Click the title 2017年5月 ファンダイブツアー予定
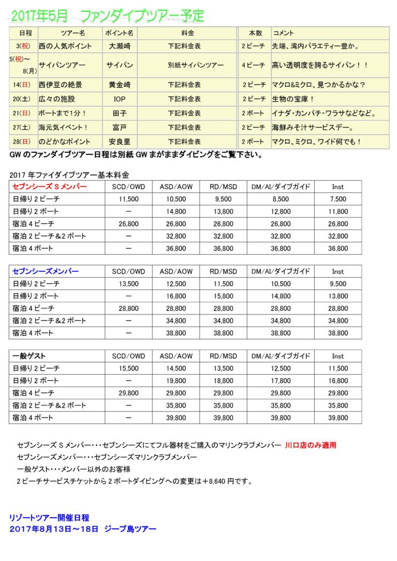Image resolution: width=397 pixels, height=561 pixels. point(107,15)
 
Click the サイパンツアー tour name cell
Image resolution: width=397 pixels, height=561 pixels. point(62,65)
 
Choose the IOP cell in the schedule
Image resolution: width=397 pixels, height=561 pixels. point(120,99)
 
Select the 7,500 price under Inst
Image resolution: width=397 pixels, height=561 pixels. point(338,199)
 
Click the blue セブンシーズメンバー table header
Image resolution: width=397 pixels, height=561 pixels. point(45,271)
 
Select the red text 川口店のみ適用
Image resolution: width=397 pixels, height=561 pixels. point(310,445)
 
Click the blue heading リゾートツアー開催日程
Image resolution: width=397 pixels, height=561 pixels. point(49,517)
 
